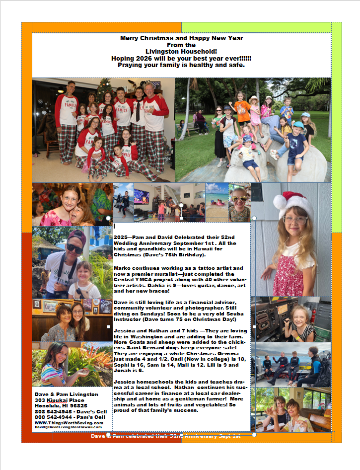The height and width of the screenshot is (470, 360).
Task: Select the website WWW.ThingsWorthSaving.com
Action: coord(69,423)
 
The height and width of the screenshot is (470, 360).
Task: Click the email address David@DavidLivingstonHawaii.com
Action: coord(68,427)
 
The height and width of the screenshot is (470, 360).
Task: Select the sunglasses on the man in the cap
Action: coord(74,248)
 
